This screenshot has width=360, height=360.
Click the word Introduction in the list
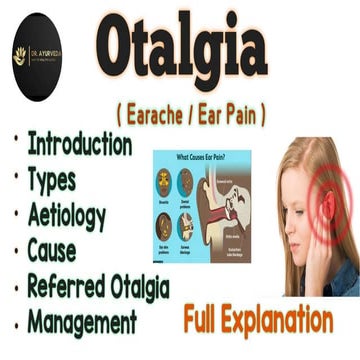point(79,143)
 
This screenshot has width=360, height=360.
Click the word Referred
point(66,287)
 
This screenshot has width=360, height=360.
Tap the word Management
point(82,323)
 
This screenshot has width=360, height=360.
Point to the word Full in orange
point(207,321)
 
